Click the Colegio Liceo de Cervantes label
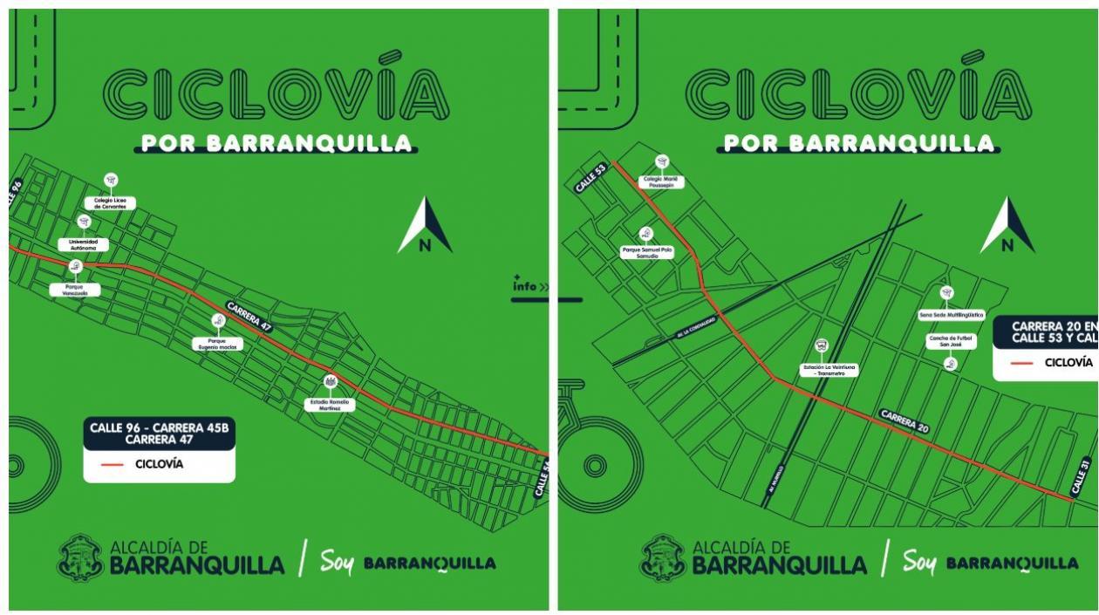tap(110, 203)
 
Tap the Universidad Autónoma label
tap(84, 244)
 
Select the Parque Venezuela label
tap(75, 290)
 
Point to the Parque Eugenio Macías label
tap(217, 343)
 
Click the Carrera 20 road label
tap(904, 420)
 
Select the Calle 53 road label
tap(590, 177)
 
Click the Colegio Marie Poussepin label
tap(661, 181)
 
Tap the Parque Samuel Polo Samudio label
tap(646, 253)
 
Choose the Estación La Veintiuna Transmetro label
tap(829, 370)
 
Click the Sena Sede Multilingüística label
tap(951, 314)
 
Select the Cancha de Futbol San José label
tap(950, 340)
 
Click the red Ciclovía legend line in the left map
tap(113, 464)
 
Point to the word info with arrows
tap(530, 285)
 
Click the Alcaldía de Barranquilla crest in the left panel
tap(80, 557)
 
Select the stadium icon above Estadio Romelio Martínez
tap(330, 381)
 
